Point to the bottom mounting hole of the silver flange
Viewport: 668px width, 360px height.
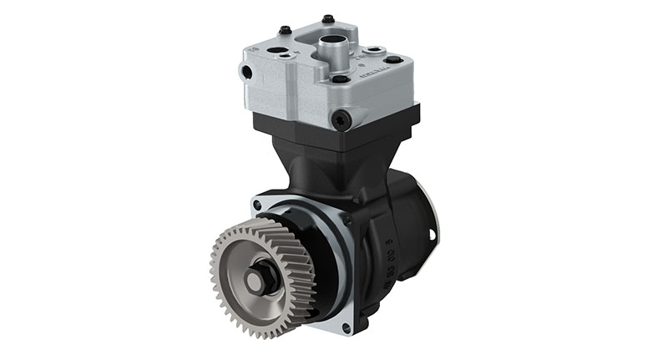[x=346, y=328]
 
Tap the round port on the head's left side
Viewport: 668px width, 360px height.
[x=246, y=73]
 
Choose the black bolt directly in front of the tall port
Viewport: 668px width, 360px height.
[x=339, y=79]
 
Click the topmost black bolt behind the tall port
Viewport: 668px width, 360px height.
[x=327, y=18]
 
